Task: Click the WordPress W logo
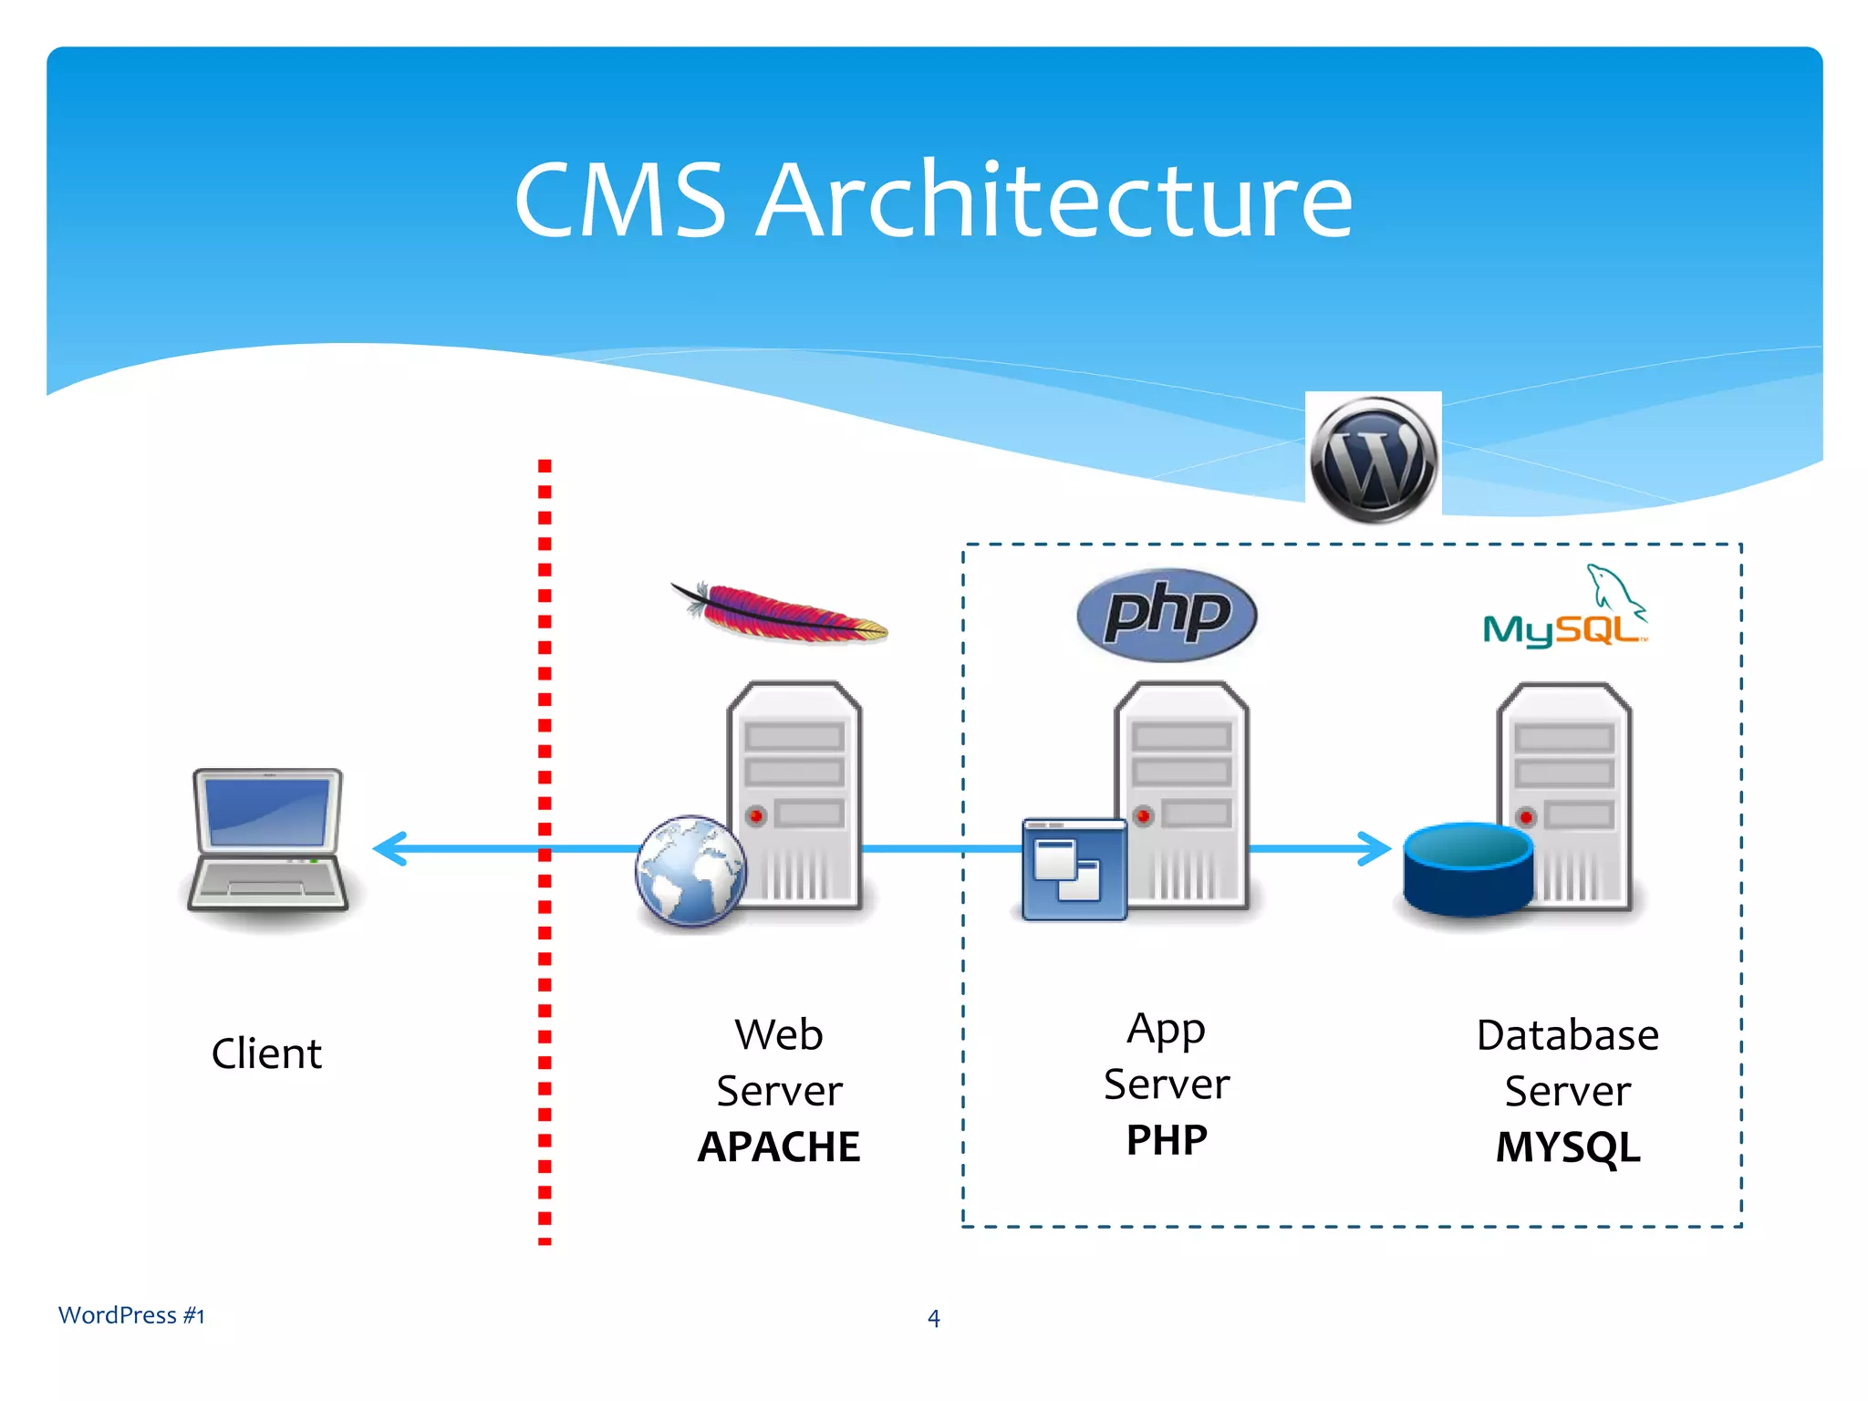point(1373,459)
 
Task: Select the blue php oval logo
point(1167,615)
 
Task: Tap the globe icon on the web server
point(690,870)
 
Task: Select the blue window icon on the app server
point(1074,870)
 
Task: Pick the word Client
point(266,1053)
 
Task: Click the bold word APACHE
point(779,1147)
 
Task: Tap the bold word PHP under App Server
point(1167,1140)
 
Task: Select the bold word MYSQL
point(1567,1147)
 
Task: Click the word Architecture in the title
point(1055,201)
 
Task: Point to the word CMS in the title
point(620,201)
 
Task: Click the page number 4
point(933,1318)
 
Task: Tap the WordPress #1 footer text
point(131,1315)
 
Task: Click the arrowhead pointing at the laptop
point(390,848)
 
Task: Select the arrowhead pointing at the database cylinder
point(1374,848)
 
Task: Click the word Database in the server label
point(1567,1035)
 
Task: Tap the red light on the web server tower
point(755,815)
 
